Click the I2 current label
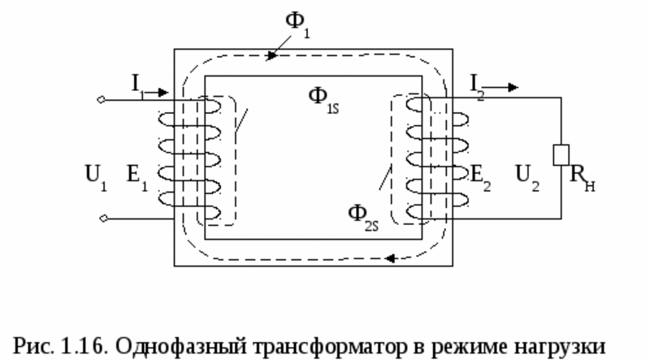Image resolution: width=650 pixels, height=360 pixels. point(476,81)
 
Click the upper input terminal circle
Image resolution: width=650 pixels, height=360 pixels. point(100,101)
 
